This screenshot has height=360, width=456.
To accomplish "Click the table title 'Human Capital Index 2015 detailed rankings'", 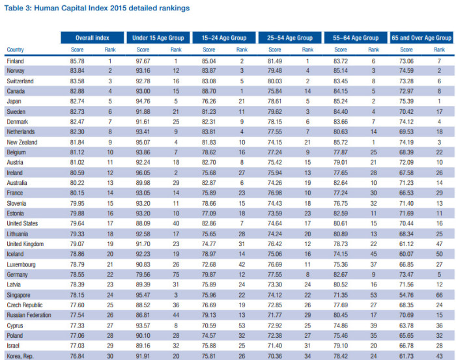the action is point(111,8).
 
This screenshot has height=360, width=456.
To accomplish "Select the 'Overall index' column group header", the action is point(93,38).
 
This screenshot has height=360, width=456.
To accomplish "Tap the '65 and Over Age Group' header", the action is point(421,38).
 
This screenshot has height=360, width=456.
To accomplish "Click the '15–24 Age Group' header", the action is point(224,38).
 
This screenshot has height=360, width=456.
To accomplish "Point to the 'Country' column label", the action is point(15,49).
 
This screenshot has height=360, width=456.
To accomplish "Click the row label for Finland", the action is point(15,61).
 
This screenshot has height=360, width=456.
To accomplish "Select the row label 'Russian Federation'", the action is point(29,315).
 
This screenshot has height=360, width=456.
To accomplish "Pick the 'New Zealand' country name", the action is point(21,142).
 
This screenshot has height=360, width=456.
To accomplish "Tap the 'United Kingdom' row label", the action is point(25,243).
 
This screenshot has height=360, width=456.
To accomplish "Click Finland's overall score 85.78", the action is point(77,61).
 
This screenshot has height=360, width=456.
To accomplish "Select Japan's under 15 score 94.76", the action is point(143,102).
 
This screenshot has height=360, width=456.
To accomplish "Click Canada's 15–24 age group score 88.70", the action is point(209,91).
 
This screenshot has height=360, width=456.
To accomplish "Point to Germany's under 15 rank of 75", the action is point(176,275).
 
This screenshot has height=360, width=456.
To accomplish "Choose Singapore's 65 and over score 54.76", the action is point(406,295).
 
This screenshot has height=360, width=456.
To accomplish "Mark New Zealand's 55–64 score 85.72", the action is point(341,142).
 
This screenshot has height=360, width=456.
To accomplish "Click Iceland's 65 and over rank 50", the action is point(440,254).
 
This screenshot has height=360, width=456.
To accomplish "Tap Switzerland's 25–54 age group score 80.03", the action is point(275,81).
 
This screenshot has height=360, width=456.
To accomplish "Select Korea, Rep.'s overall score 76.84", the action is point(77,356).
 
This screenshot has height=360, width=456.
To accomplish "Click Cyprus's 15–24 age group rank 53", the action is point(242,325).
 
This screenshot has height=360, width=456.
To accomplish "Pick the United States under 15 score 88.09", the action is point(143,223).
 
